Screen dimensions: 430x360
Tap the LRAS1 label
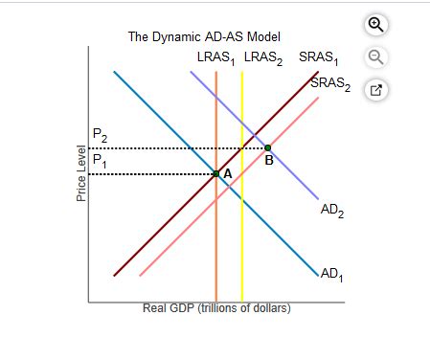tap(215, 57)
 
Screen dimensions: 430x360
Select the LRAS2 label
tap(265, 57)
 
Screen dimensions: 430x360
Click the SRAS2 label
tap(329, 85)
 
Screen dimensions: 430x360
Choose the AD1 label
tap(331, 274)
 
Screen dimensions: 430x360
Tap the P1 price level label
tap(100, 160)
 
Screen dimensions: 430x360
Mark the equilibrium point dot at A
tap(216, 173)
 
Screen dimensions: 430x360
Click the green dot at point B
tap(267, 147)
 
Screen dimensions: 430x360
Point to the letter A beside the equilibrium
tap(227, 173)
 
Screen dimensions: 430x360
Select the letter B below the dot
tap(269, 160)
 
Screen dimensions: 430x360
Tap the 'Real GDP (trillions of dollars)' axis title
tap(216, 308)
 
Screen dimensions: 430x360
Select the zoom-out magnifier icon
tap(376, 58)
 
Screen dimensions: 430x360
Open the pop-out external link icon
tap(376, 91)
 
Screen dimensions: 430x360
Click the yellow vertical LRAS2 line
tap(242, 239)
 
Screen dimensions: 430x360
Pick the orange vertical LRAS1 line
tap(216, 239)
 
